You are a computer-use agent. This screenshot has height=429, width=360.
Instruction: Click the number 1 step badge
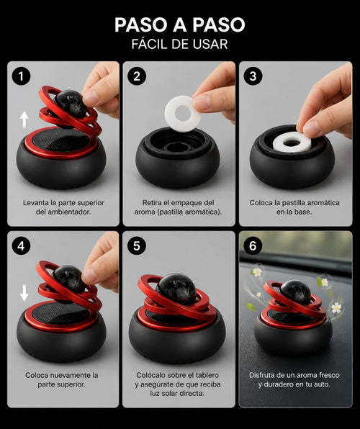tap(21, 76)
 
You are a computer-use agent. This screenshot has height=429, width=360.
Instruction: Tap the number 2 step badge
tap(137, 76)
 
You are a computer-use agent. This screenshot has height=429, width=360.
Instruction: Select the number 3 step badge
tap(253, 76)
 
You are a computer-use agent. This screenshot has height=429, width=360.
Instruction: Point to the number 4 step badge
tap(21, 246)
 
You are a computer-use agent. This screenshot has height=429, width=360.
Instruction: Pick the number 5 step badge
tap(137, 246)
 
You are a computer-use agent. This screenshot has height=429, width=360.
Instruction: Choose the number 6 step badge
tap(253, 246)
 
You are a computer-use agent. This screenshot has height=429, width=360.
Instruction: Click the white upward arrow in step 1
tap(24, 119)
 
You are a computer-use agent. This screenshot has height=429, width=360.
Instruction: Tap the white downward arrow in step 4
tap(24, 292)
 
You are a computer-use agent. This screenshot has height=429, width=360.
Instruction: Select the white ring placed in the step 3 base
tap(279, 144)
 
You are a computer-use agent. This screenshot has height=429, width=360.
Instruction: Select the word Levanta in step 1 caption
tap(36, 203)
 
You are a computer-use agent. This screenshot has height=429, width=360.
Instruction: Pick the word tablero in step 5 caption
tap(207, 375)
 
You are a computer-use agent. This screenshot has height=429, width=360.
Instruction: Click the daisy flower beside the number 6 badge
tap(257, 271)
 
